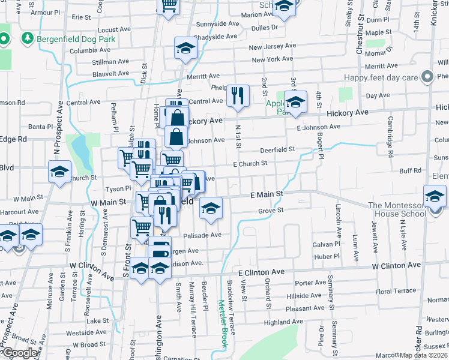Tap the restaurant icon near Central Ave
pos(238,95)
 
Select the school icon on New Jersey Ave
pos(186,48)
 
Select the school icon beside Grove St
pos(210,208)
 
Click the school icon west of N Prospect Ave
pos(59,172)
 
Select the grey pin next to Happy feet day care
pos(427,77)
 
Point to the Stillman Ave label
pos(110,61)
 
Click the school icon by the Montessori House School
pos(435,196)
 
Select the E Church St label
pos(250,163)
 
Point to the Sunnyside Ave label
pos(217,24)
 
